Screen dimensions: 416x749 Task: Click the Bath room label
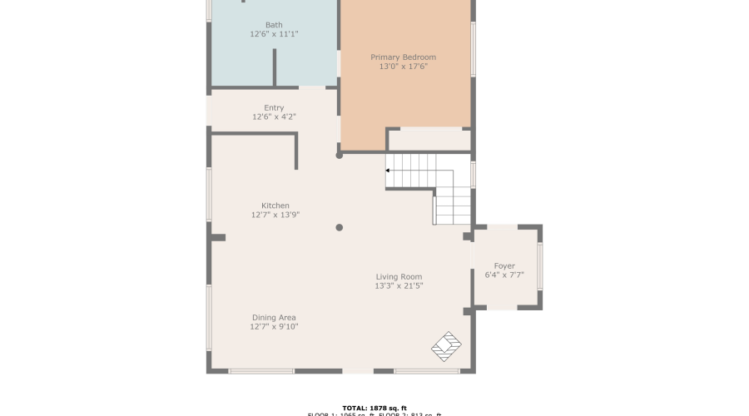(x=274, y=25)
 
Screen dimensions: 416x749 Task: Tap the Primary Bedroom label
(x=403, y=57)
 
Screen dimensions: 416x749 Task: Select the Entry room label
(x=274, y=108)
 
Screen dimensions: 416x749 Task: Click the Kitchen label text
(x=275, y=206)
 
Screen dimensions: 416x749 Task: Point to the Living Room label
(x=399, y=277)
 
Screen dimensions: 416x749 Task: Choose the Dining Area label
(x=274, y=318)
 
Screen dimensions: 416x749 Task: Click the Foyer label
(x=504, y=266)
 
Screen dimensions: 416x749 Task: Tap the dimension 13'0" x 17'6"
(x=403, y=67)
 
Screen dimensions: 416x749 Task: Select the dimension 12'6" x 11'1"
(x=274, y=34)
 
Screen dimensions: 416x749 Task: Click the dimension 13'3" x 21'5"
(x=399, y=286)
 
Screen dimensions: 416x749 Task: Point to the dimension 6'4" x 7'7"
(x=504, y=275)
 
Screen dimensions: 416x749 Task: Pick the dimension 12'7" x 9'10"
(x=274, y=327)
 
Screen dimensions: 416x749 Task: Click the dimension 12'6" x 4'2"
(x=274, y=117)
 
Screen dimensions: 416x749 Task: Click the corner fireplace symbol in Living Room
(x=448, y=346)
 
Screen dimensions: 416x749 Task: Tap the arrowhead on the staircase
(x=388, y=171)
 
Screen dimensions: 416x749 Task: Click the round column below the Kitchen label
(x=339, y=227)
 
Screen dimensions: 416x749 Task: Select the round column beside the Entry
(x=339, y=155)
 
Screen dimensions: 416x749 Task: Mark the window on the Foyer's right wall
(x=540, y=266)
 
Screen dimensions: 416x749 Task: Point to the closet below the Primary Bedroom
(x=429, y=140)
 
